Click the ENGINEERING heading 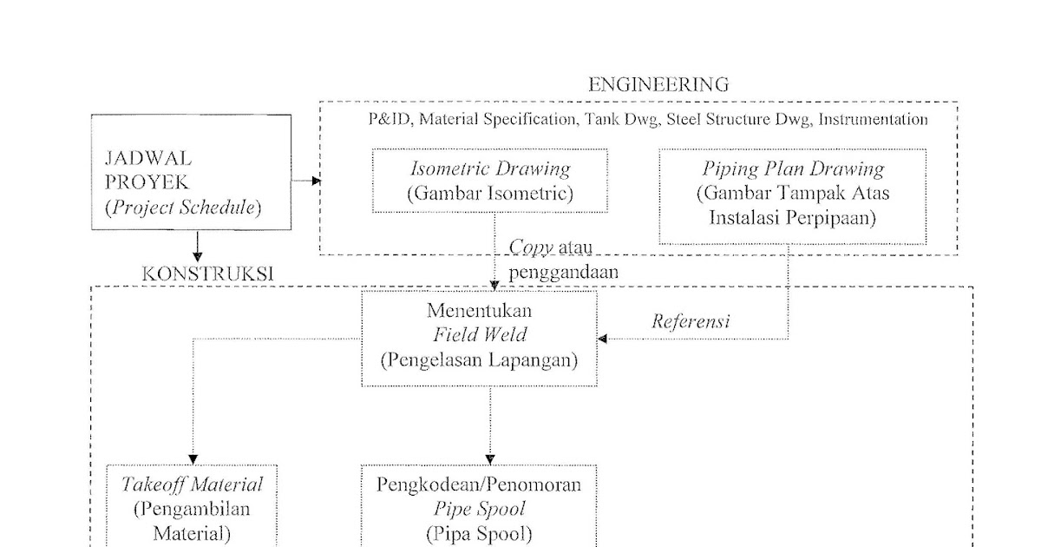tap(658, 84)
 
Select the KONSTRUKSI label tap(207, 273)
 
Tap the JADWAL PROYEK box tap(191, 173)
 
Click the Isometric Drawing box tap(489, 181)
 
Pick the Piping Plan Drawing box tap(792, 196)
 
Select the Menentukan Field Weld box tap(479, 338)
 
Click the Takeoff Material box tap(192, 508)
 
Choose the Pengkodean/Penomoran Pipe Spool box tap(479, 508)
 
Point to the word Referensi tap(691, 321)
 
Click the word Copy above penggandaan tap(531, 247)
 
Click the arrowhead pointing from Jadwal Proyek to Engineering tap(315, 181)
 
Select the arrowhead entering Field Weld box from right tap(603, 339)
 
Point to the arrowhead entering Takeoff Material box tap(193, 459)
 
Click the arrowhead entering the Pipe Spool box tap(490, 459)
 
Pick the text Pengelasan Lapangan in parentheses tap(479, 360)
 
